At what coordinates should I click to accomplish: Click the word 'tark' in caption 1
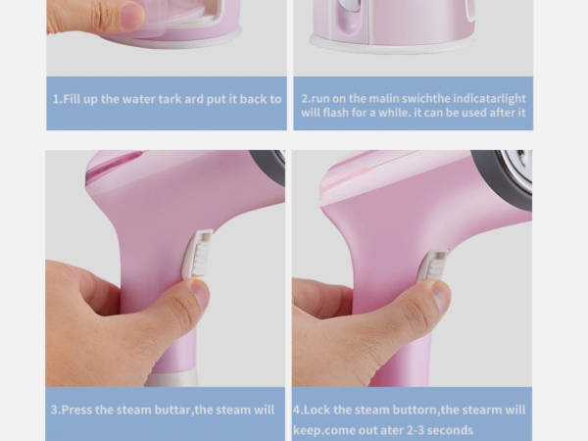point(171,99)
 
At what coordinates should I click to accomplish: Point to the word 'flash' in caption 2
point(335,113)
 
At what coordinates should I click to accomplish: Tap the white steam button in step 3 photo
point(198,254)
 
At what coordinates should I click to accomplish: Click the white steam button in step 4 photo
point(432,265)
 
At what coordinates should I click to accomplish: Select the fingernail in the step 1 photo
point(132,15)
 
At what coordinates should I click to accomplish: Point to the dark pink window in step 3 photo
point(112,164)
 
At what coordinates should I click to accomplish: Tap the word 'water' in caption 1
point(138,99)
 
